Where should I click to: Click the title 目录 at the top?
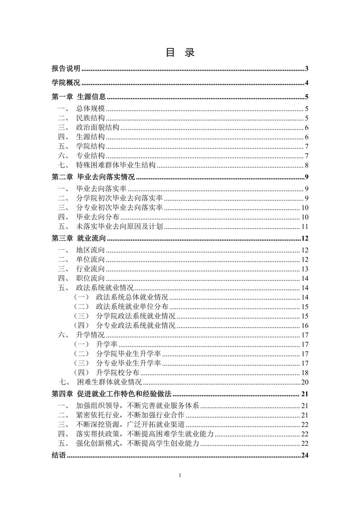pyautogui.click(x=180, y=53)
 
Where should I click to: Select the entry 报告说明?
pyautogui.click(x=66, y=69)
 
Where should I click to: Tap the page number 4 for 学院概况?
pyautogui.click(x=307, y=83)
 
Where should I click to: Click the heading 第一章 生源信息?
pyautogui.click(x=79, y=97)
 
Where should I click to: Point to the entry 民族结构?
pyautogui.click(x=90, y=118)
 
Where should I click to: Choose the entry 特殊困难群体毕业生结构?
pyautogui.click(x=116, y=166)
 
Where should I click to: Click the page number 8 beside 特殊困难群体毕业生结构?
pyautogui.click(x=307, y=166)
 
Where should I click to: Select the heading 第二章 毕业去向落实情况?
pyautogui.click(x=93, y=177)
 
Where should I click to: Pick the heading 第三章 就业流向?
pyautogui.click(x=79, y=239)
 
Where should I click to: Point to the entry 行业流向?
pyautogui.click(x=90, y=269)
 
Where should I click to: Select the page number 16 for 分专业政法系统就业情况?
pyautogui.click(x=305, y=326)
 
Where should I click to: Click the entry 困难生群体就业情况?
pyautogui.click(x=109, y=382)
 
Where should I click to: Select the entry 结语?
pyautogui.click(x=59, y=456)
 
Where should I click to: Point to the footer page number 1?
pyautogui.click(x=180, y=476)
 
